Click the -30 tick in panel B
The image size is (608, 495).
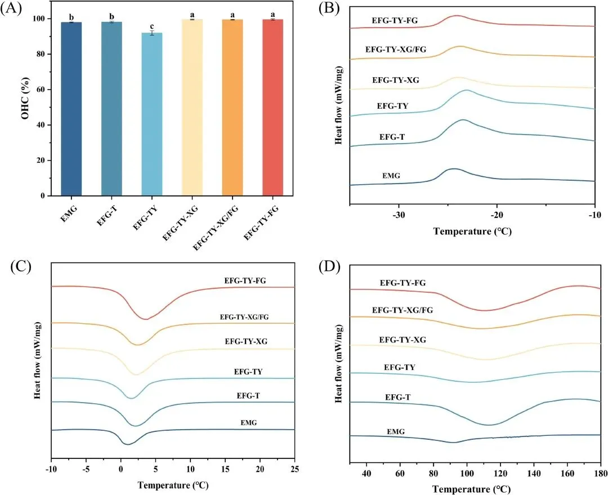click(x=399, y=216)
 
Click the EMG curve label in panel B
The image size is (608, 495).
click(x=391, y=177)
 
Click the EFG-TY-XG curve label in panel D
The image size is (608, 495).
click(x=402, y=340)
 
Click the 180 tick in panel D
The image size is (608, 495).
click(x=601, y=469)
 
